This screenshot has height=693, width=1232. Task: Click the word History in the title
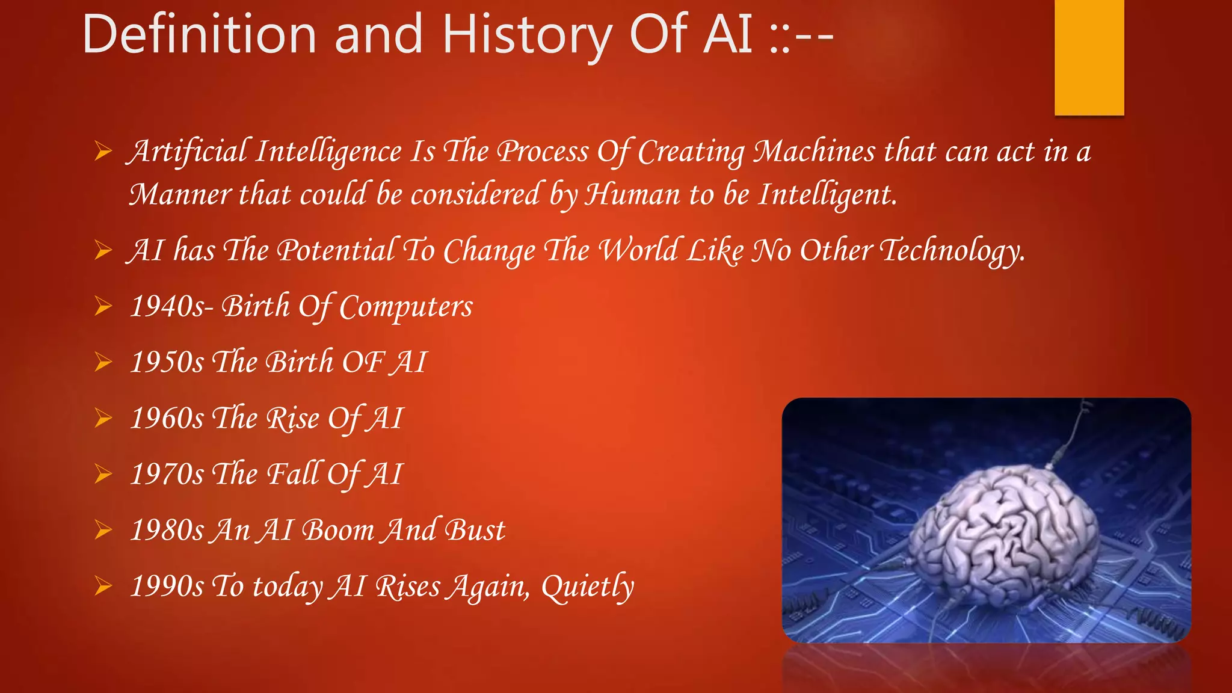pyautogui.click(x=526, y=35)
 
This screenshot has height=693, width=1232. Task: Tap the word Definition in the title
pyautogui.click(x=199, y=35)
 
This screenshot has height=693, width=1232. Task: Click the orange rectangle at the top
pyautogui.click(x=1089, y=57)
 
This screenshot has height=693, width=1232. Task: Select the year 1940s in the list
pyautogui.click(x=167, y=307)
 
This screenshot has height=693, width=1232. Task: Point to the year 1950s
pyautogui.click(x=167, y=363)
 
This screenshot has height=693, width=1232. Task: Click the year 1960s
pyautogui.click(x=167, y=419)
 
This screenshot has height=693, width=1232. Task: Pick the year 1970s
pyautogui.click(x=167, y=475)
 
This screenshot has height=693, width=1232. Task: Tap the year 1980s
pyautogui.click(x=167, y=531)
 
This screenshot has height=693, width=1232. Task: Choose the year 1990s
pyautogui.click(x=167, y=587)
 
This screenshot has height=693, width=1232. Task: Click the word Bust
pyautogui.click(x=475, y=531)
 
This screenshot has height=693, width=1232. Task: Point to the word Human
pyautogui.click(x=633, y=195)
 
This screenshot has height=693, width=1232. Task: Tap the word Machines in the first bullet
pyautogui.click(x=815, y=152)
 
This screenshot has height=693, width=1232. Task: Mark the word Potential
pyautogui.click(x=336, y=251)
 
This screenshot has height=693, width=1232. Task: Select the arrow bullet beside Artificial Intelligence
pyautogui.click(x=103, y=152)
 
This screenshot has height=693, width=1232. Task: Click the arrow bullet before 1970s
pyautogui.click(x=103, y=475)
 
